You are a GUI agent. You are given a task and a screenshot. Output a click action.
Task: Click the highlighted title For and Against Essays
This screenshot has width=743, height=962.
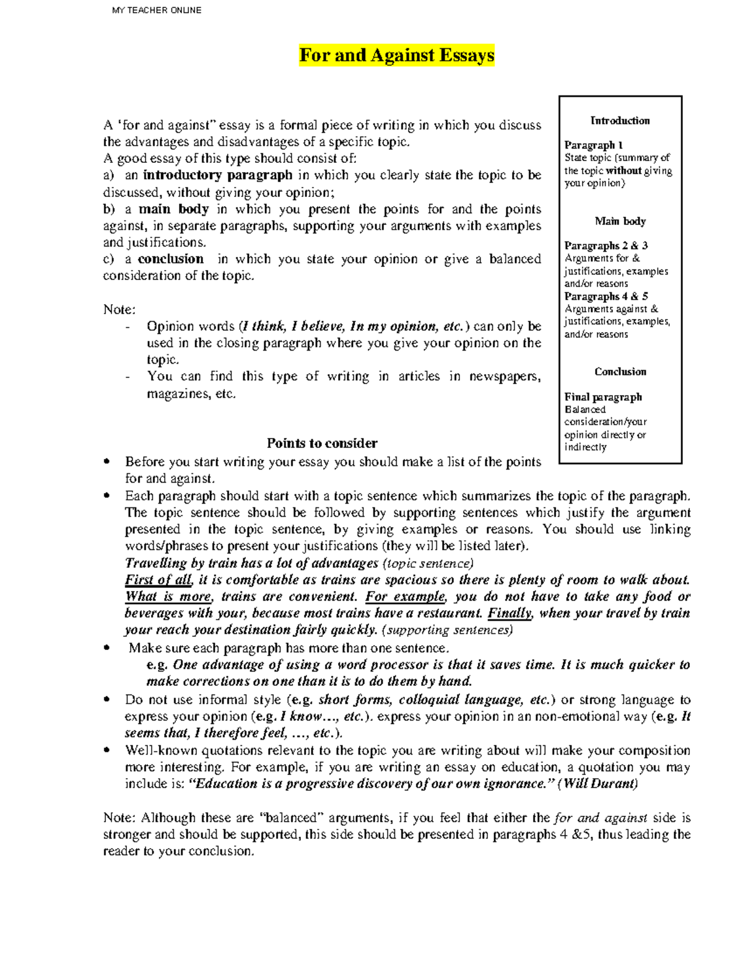point(396,56)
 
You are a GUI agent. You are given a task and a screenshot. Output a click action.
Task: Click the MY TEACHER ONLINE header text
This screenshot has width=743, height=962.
point(157,10)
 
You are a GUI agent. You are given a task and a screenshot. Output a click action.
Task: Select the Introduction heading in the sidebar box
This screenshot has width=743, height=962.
point(620,121)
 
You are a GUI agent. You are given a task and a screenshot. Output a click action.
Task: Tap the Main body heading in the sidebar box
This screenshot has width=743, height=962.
point(620,221)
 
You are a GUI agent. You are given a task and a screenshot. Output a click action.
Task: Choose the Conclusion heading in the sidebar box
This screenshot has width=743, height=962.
point(620,372)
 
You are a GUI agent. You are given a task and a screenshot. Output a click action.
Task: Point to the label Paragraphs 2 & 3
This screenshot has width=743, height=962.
point(606,246)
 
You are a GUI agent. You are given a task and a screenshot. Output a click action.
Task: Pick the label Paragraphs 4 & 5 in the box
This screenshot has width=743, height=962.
point(606,296)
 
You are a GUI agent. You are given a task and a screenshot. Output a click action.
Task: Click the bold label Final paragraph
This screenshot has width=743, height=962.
point(602,397)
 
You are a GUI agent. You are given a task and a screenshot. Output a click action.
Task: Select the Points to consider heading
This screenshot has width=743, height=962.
point(321,443)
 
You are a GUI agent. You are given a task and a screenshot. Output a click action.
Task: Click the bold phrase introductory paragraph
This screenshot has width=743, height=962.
point(217,175)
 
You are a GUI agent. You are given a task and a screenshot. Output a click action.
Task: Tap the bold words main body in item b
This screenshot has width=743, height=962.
point(173,209)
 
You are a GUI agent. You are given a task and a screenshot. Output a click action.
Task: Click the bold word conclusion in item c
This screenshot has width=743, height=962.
point(170,259)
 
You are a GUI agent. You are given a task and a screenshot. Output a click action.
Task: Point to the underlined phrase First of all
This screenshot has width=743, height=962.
point(159,580)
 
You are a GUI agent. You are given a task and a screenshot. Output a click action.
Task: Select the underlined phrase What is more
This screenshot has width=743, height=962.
point(168,597)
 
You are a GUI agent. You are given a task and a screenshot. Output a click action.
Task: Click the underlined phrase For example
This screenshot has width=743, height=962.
point(405,597)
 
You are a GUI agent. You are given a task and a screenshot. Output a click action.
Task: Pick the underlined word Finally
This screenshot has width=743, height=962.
point(510,613)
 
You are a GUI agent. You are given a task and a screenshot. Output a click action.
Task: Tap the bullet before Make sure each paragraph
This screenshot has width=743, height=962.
point(108,648)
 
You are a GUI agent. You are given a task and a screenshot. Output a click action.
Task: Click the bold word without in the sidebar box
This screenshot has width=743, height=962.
point(623,170)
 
